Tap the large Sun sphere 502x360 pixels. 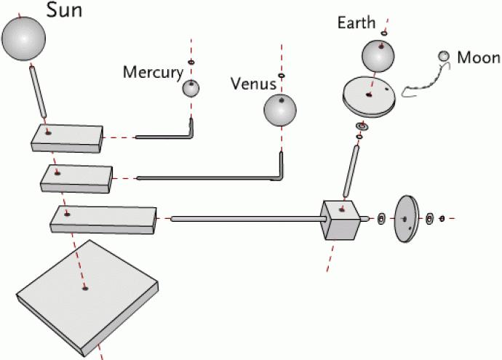[23, 40]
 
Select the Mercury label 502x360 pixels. [151, 72]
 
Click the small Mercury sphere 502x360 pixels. [191, 89]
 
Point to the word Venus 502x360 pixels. [253, 83]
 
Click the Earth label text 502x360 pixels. [356, 23]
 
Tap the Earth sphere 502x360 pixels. [378, 55]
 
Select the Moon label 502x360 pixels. [478, 57]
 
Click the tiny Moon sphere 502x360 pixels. [444, 56]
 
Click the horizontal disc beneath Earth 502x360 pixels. [370, 96]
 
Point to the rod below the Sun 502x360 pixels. [38, 92]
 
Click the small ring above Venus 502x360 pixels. [282, 75]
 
